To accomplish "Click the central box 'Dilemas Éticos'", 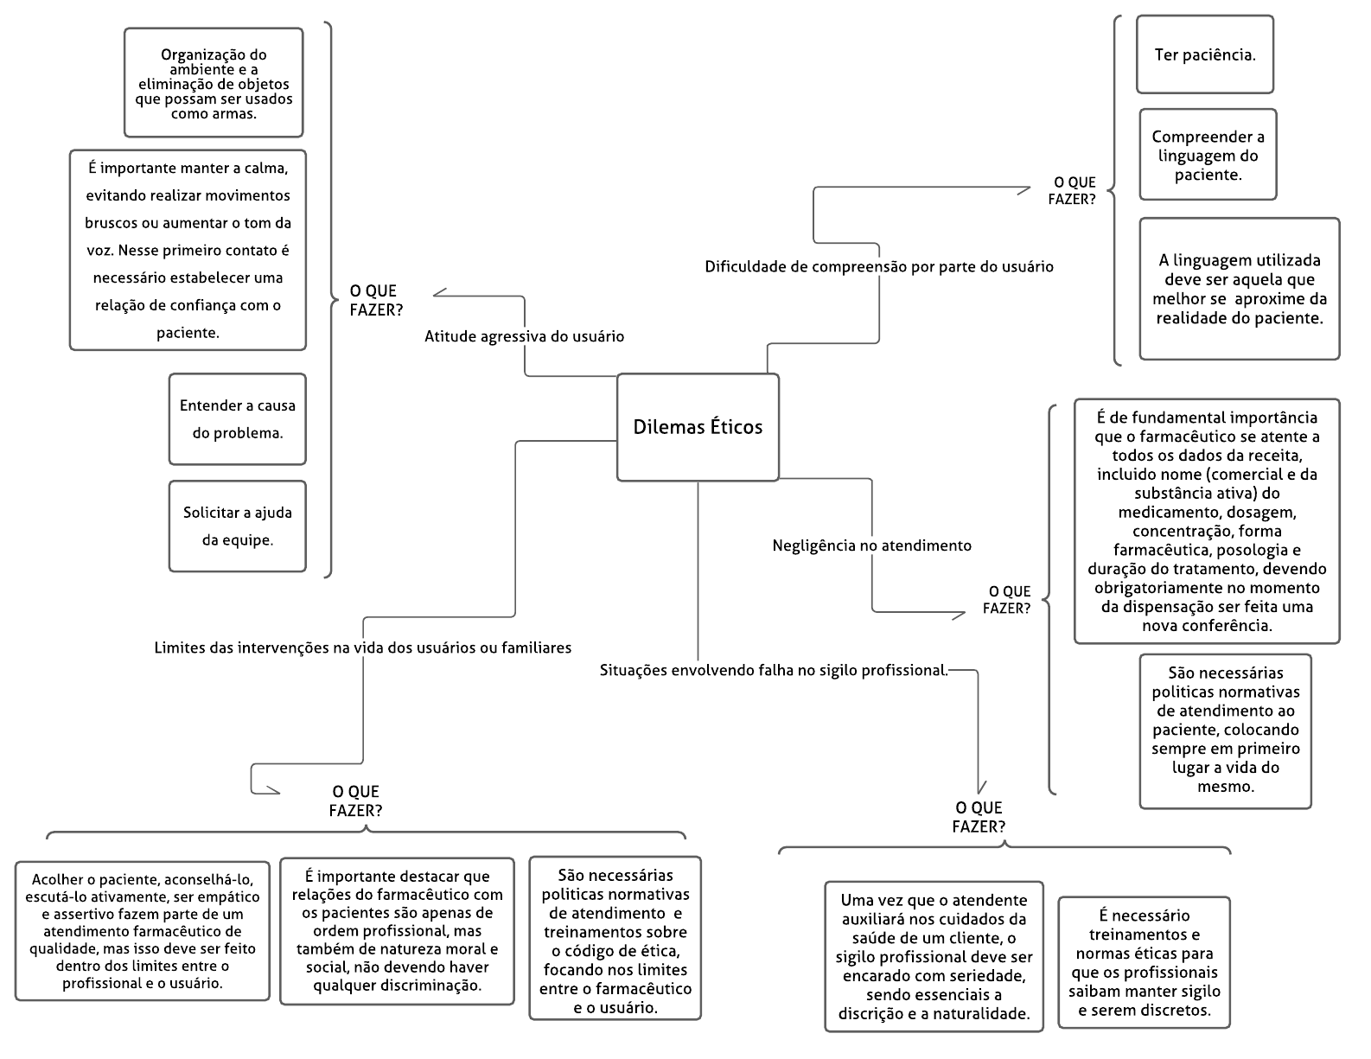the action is [x=698, y=427].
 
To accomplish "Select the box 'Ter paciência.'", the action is [x=1205, y=54].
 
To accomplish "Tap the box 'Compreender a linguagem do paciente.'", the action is [x=1208, y=155].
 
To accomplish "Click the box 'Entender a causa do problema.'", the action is [x=237, y=419].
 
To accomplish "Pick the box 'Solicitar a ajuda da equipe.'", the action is [x=237, y=526].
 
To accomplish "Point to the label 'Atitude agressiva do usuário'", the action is [x=525, y=336].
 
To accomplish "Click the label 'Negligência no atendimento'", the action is [x=872, y=545].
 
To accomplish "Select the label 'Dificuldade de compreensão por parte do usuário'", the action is [x=879, y=267].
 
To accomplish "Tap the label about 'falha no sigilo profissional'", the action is [x=775, y=670].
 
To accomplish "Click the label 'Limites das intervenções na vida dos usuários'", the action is [x=363, y=648].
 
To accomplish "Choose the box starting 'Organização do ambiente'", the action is [x=214, y=83].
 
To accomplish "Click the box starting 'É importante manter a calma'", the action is [x=188, y=250].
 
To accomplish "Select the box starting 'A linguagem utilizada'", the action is [x=1239, y=289].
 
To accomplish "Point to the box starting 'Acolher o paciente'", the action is [x=143, y=931].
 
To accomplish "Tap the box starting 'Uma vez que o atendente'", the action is [x=934, y=957].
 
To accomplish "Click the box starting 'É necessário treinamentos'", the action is [x=1144, y=962].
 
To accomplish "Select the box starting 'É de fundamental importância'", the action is [x=1207, y=521].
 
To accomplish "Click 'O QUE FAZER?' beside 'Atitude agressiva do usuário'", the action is [x=376, y=300].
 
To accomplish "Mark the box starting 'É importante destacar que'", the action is [x=397, y=931].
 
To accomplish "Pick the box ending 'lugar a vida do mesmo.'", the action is [x=1225, y=731].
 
